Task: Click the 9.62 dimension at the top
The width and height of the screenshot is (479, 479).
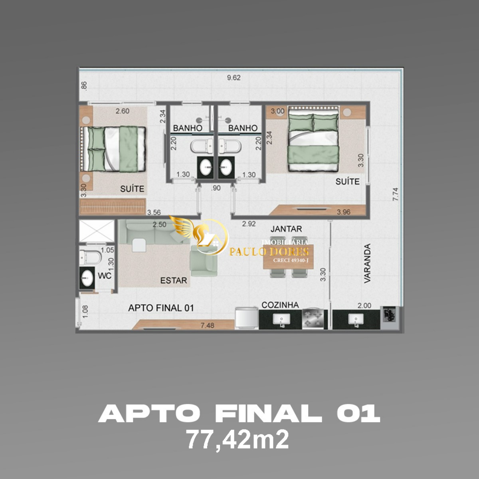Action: [x=234, y=78]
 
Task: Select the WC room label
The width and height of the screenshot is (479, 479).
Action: [x=105, y=276]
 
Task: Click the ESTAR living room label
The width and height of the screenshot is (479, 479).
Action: [x=174, y=281]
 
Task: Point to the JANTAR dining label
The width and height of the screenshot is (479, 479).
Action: [x=286, y=229]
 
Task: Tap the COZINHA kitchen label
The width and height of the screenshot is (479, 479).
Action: [x=280, y=305]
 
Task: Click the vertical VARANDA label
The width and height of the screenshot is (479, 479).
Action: [x=367, y=263]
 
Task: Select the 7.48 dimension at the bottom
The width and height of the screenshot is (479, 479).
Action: [x=207, y=325]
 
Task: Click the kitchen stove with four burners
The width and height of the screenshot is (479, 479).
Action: [x=314, y=319]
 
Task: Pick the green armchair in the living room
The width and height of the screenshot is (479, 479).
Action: [x=204, y=261]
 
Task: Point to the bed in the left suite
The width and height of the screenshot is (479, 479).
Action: [x=114, y=148]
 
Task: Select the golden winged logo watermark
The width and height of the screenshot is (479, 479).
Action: [x=200, y=236]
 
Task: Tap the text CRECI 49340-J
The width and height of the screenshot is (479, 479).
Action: [x=291, y=260]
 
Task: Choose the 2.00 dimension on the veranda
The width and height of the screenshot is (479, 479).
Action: [x=364, y=306]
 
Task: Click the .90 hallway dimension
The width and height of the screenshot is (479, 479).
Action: [x=216, y=188]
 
